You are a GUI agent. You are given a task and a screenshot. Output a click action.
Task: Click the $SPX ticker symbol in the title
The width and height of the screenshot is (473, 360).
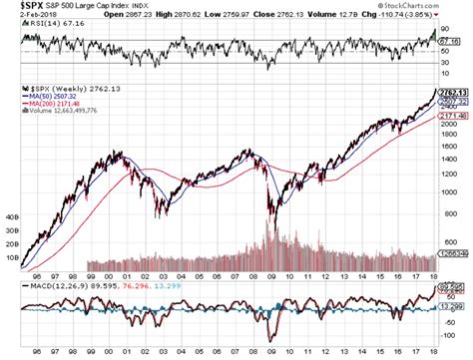(x=19, y=8)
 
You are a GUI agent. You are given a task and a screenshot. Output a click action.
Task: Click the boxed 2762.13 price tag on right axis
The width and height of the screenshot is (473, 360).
(x=450, y=91)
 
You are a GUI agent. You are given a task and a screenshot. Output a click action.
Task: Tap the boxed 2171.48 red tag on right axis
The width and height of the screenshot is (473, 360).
(x=450, y=116)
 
